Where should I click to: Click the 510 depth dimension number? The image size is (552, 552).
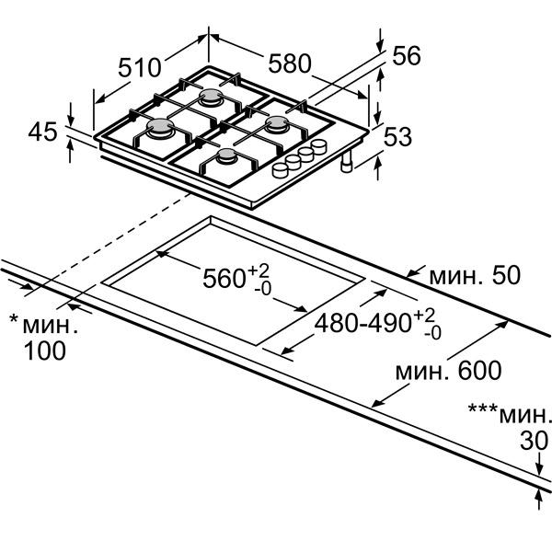click(x=140, y=67)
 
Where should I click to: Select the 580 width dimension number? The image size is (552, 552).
click(x=290, y=63)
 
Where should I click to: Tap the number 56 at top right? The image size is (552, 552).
click(x=407, y=55)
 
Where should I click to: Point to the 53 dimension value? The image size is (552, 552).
click(x=397, y=136)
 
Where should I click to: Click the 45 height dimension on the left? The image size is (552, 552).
click(x=42, y=132)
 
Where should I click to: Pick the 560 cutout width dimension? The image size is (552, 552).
click(x=224, y=279)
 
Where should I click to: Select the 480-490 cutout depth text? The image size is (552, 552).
click(x=363, y=323)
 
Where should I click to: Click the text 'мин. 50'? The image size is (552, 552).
click(x=475, y=275)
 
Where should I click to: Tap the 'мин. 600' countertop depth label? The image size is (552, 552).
click(x=449, y=371)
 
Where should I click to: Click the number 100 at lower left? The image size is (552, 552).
click(x=45, y=351)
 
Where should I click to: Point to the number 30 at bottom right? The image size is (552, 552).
click(x=534, y=441)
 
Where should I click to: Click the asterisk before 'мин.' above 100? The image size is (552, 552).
click(x=14, y=319)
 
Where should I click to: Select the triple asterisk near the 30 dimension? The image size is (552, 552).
click(x=483, y=408)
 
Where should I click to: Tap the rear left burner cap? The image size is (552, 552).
click(x=211, y=96)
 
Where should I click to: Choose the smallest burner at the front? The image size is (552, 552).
click(x=226, y=156)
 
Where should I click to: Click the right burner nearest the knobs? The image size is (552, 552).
click(x=277, y=124)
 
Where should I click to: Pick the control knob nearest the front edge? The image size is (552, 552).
click(x=281, y=170)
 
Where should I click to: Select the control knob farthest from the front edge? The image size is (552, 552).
click(x=319, y=145)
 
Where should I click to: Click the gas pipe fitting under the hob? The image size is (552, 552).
click(x=347, y=163)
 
